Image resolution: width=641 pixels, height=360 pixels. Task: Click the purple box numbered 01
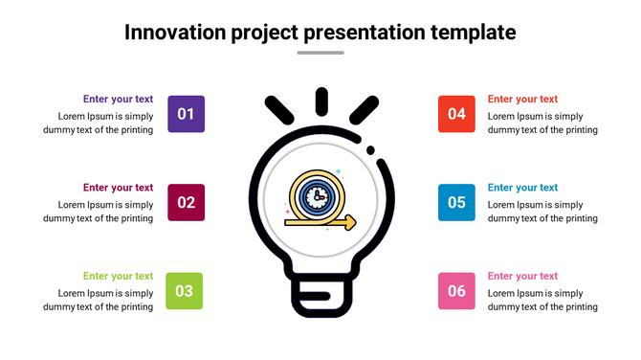186,114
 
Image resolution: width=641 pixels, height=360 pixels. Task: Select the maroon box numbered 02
186,202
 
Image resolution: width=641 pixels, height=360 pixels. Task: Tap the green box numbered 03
185,291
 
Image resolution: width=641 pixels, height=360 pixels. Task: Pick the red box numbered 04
456,114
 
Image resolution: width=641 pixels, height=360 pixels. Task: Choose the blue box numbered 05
456,202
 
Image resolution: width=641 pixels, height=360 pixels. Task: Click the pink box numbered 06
456,291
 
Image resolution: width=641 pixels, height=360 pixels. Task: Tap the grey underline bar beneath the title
320,53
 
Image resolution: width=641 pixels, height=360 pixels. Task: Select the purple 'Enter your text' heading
118,99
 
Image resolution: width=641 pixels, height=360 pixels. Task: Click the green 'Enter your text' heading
118,276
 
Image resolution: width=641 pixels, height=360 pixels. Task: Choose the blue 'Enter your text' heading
522,188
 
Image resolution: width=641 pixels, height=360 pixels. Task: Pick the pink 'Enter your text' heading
522,276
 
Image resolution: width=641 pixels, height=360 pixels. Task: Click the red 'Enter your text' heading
522,99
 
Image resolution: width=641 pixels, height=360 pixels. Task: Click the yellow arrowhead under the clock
350,222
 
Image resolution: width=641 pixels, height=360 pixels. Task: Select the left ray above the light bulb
278,111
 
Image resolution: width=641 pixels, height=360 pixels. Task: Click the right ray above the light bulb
364,111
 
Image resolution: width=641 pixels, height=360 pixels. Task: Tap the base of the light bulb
320,299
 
